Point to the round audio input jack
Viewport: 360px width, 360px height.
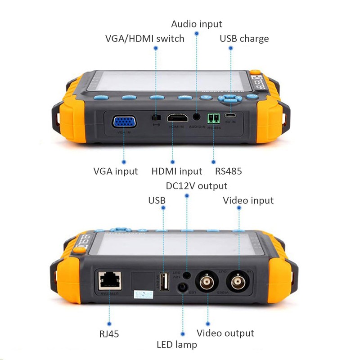tap(197, 116)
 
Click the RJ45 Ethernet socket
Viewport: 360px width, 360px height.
tap(108, 281)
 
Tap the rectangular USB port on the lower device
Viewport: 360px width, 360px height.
tap(165, 282)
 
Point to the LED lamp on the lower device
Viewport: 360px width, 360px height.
tap(183, 288)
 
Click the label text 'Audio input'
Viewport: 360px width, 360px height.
tap(197, 24)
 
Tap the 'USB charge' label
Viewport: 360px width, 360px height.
tap(244, 38)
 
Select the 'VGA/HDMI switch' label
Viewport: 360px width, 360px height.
tap(144, 38)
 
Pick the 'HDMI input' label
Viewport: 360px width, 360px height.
tap(176, 171)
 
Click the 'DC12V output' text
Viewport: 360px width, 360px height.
tap(196, 185)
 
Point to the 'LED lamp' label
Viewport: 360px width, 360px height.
tap(177, 345)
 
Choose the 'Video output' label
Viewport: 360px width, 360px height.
tap(225, 333)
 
